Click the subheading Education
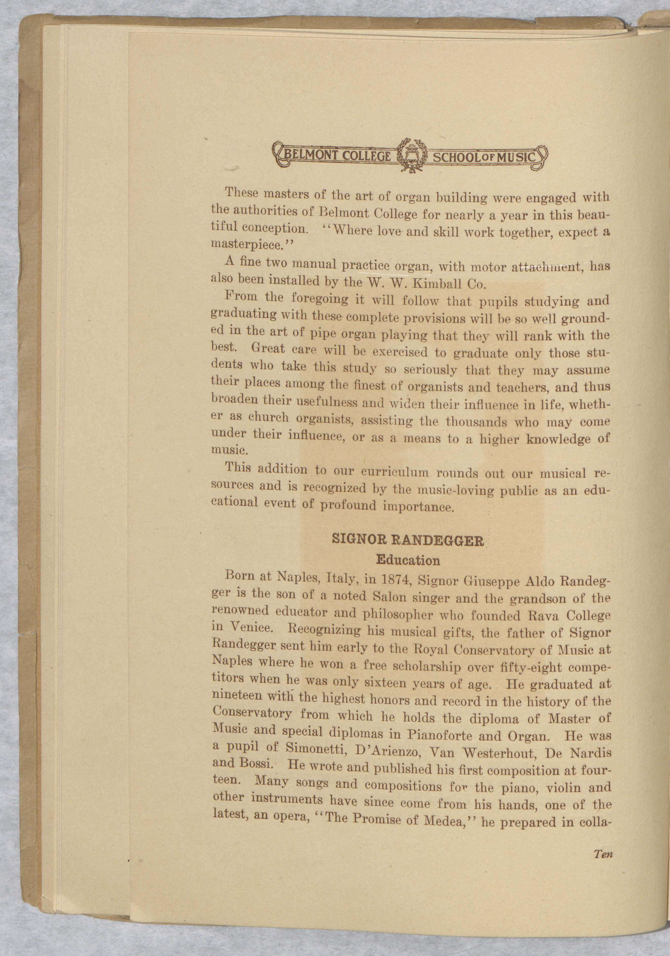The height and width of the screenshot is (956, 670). pyautogui.click(x=408, y=560)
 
